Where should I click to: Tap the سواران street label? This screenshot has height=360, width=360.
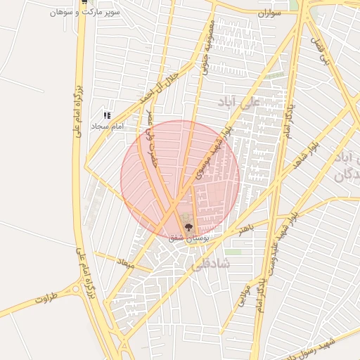click(x=269, y=13)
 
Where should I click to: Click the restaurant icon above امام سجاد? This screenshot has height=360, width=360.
click(x=107, y=115)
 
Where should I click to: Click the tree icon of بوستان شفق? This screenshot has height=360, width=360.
click(x=188, y=226)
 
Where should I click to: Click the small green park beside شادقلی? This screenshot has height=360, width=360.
click(x=233, y=251)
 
